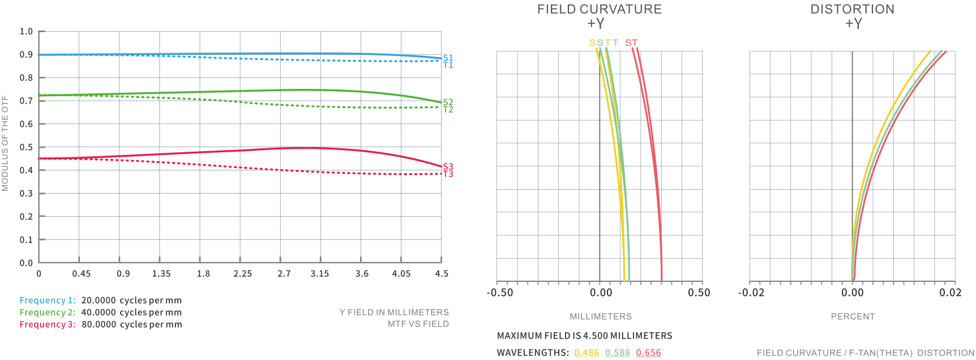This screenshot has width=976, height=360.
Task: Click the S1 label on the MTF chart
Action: click(448, 58)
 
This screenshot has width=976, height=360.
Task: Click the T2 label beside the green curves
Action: click(448, 110)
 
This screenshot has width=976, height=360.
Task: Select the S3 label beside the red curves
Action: click(448, 166)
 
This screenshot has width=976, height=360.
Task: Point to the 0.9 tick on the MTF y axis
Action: click(26, 54)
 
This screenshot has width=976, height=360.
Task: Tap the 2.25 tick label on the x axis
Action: click(242, 274)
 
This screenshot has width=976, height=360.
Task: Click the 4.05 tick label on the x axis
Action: click(401, 274)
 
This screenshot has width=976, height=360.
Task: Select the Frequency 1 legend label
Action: click(47, 301)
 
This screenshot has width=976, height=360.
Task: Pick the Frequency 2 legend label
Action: click(47, 312)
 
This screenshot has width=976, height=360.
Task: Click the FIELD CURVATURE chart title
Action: click(599, 9)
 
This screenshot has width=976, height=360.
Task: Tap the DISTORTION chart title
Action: click(852, 9)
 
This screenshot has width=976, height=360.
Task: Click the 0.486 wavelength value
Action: click(587, 353)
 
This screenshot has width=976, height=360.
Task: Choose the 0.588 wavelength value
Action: click(617, 353)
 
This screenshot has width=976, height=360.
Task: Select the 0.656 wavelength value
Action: click(648, 353)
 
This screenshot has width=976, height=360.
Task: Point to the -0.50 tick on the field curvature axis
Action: click(500, 293)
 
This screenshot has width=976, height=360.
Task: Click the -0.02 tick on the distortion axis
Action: click(751, 293)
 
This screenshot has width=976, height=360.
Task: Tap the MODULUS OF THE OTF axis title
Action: click(5, 143)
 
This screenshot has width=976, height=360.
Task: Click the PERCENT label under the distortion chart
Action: click(853, 316)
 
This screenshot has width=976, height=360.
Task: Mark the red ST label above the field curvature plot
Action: click(631, 43)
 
